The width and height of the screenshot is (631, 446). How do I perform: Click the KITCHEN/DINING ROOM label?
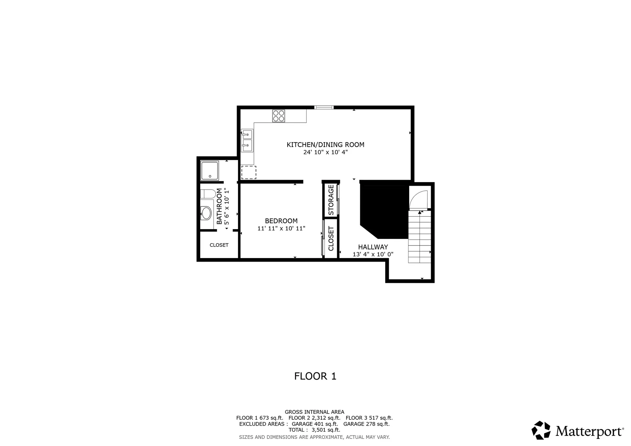point(325,145)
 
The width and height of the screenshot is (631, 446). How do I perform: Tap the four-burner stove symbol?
point(279,116)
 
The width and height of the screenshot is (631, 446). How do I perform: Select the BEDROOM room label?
point(281,221)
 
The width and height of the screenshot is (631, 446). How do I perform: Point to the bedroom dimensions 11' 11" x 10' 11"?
point(281,228)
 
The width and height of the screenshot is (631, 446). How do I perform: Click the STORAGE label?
point(331,200)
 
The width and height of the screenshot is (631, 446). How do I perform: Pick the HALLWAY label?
point(373,247)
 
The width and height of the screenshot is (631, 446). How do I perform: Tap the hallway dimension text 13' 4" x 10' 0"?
point(373,254)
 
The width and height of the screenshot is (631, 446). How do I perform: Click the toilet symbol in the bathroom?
point(208,194)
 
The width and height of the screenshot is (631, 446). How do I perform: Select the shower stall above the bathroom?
point(210,171)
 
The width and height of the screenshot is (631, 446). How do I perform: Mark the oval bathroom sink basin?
point(206,213)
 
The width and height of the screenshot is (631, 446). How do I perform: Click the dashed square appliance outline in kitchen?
point(249,173)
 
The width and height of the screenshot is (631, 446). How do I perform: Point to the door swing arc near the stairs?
point(419,199)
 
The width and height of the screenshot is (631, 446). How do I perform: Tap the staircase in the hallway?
point(419,237)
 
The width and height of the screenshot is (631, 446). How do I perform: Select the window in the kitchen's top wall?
point(324,107)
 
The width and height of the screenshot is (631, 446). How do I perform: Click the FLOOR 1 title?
point(315,376)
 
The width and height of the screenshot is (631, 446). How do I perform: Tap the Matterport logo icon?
point(541,430)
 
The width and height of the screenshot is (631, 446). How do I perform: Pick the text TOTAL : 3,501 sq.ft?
point(314,430)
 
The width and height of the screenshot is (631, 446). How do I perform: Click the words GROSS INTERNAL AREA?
point(315,412)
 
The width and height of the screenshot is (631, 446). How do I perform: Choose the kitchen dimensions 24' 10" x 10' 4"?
point(325,152)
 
